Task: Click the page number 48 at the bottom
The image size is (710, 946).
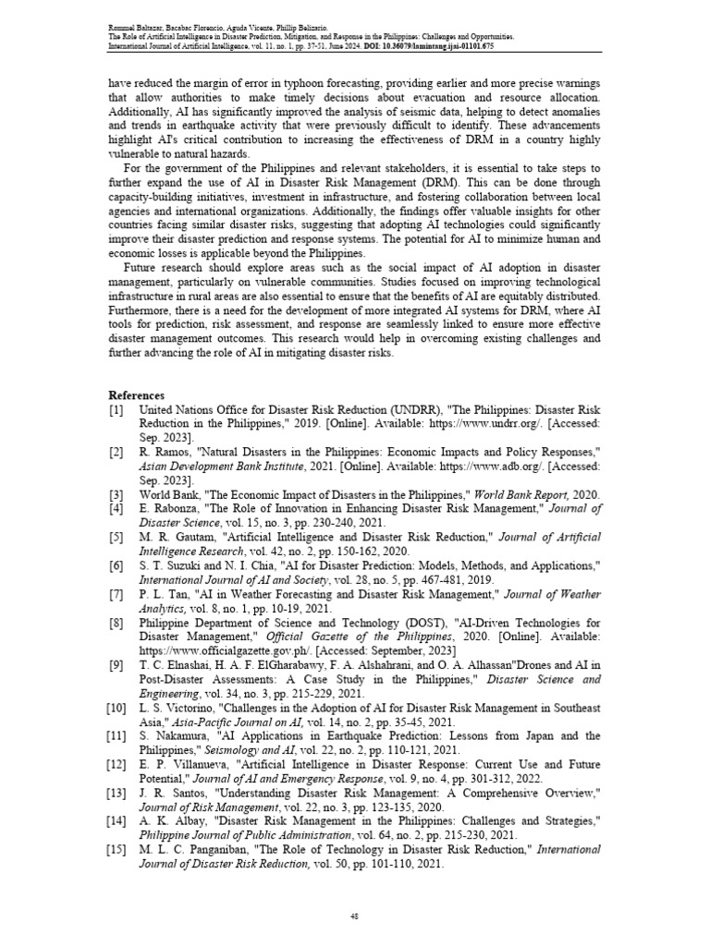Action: pyautogui.click(x=355, y=916)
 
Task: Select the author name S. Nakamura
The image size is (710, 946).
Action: pyautogui.click(x=172, y=736)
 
